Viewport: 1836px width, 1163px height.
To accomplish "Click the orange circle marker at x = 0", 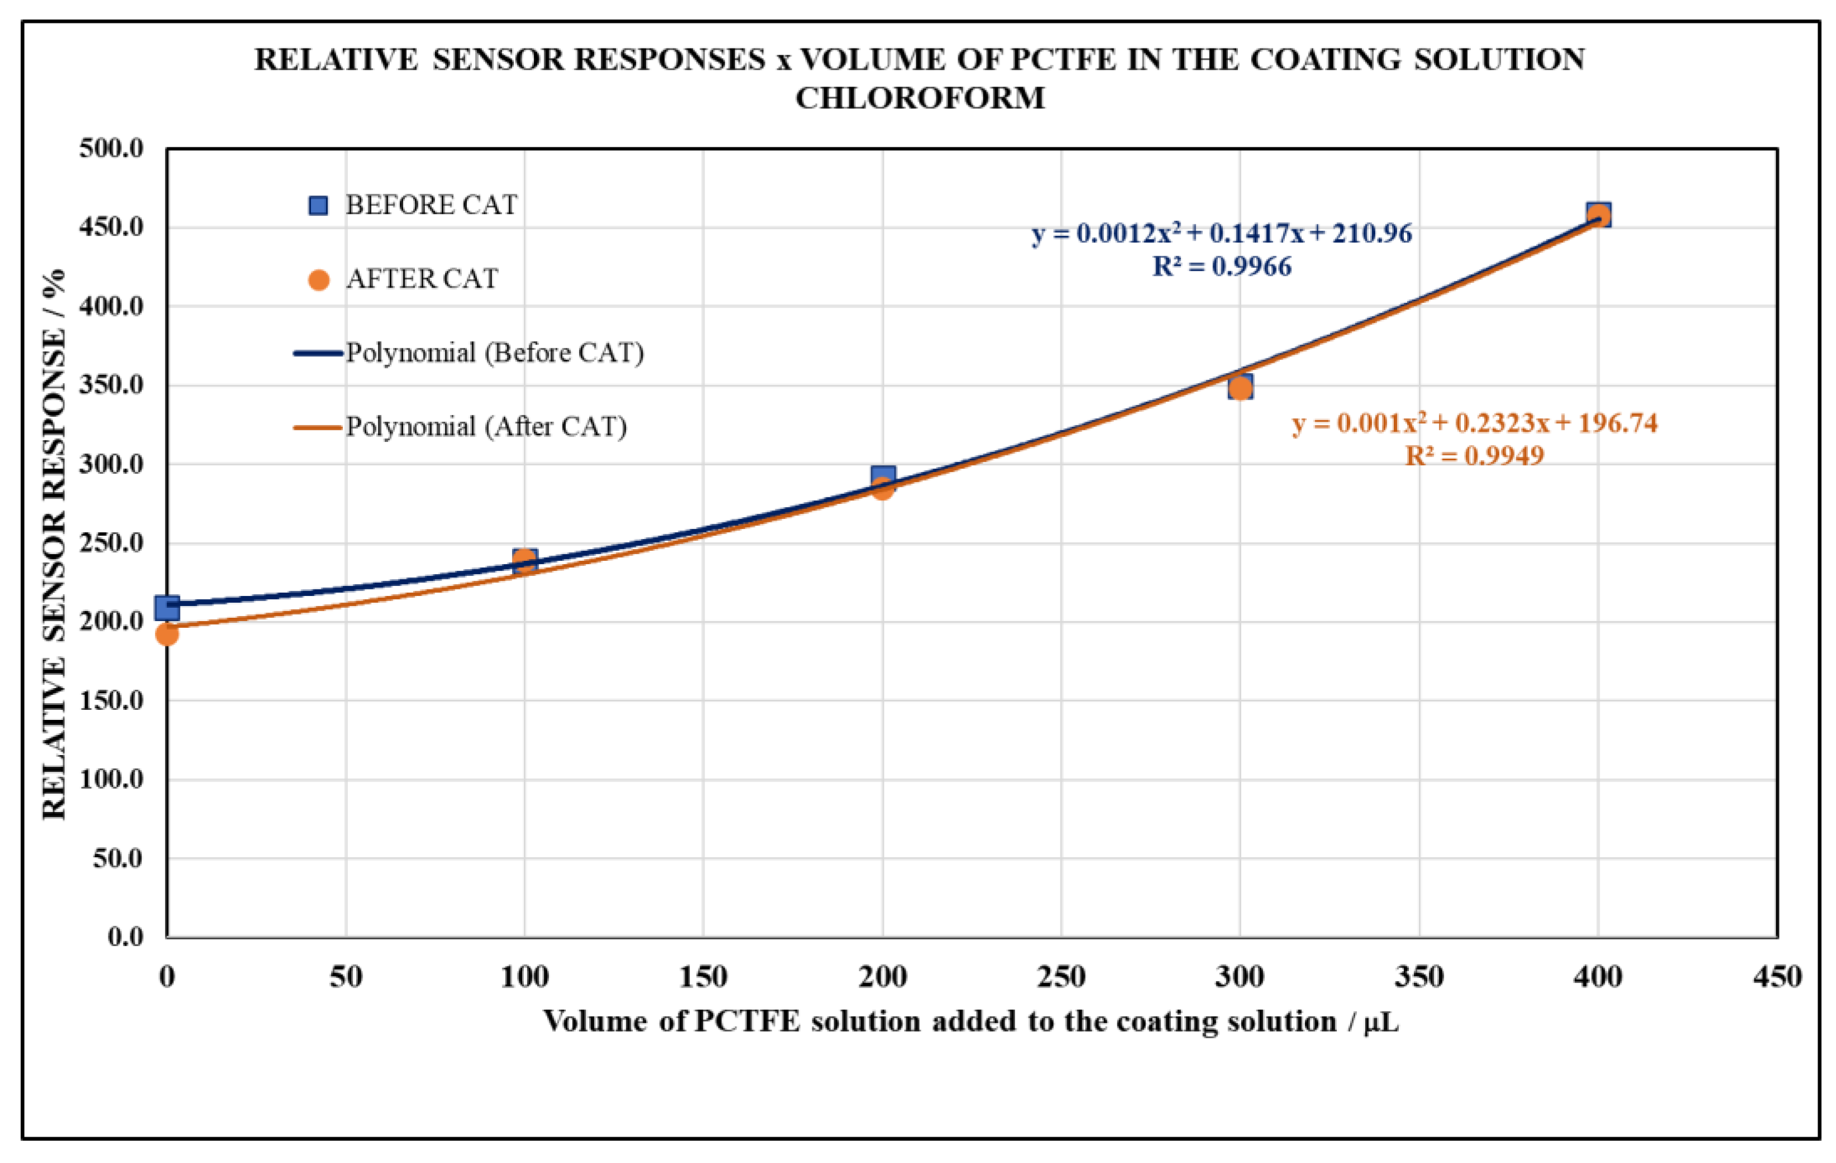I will pos(167,633).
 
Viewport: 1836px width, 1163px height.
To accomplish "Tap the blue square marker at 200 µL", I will pos(883,477).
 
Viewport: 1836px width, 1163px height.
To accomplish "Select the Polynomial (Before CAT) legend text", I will pos(495,353).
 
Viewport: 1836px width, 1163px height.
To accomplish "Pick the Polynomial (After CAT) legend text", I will pos(486,427).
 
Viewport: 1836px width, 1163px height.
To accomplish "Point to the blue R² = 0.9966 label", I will pos(1221,267).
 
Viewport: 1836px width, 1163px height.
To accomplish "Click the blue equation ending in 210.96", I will pos(1221,233).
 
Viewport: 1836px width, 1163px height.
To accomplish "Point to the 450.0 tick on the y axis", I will pos(111,227).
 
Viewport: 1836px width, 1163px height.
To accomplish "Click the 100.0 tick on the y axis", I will pos(111,779).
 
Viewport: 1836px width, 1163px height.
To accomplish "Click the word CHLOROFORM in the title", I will pos(920,98).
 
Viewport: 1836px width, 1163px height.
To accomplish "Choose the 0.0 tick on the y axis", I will pos(125,936).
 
